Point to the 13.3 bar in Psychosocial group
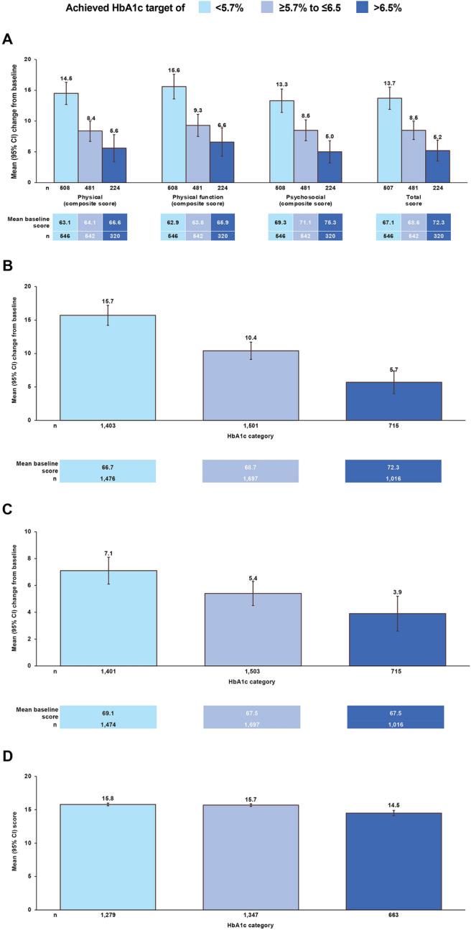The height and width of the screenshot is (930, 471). (281, 141)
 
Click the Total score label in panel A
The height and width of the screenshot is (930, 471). (413, 200)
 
